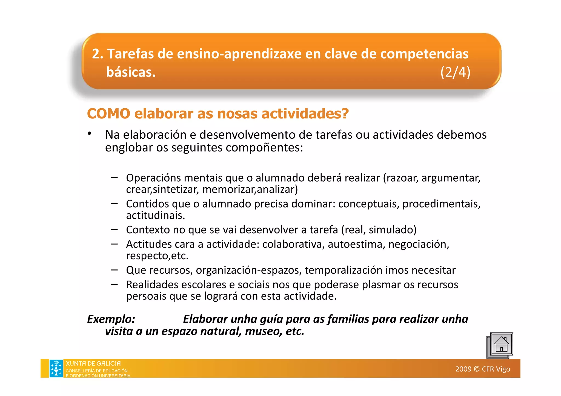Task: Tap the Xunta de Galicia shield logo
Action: coord(56,368)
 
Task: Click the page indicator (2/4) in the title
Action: coord(455,72)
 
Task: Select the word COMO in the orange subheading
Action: coord(108,113)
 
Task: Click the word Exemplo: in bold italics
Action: coord(111,319)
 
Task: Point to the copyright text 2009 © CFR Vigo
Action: coord(482,369)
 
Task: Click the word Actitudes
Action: coord(149,244)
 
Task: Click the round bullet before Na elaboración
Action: coord(89,133)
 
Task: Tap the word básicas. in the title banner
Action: coord(131,72)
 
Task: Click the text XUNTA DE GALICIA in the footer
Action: coord(93,363)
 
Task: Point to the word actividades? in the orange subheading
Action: coord(305,113)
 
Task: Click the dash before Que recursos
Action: coord(114,270)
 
